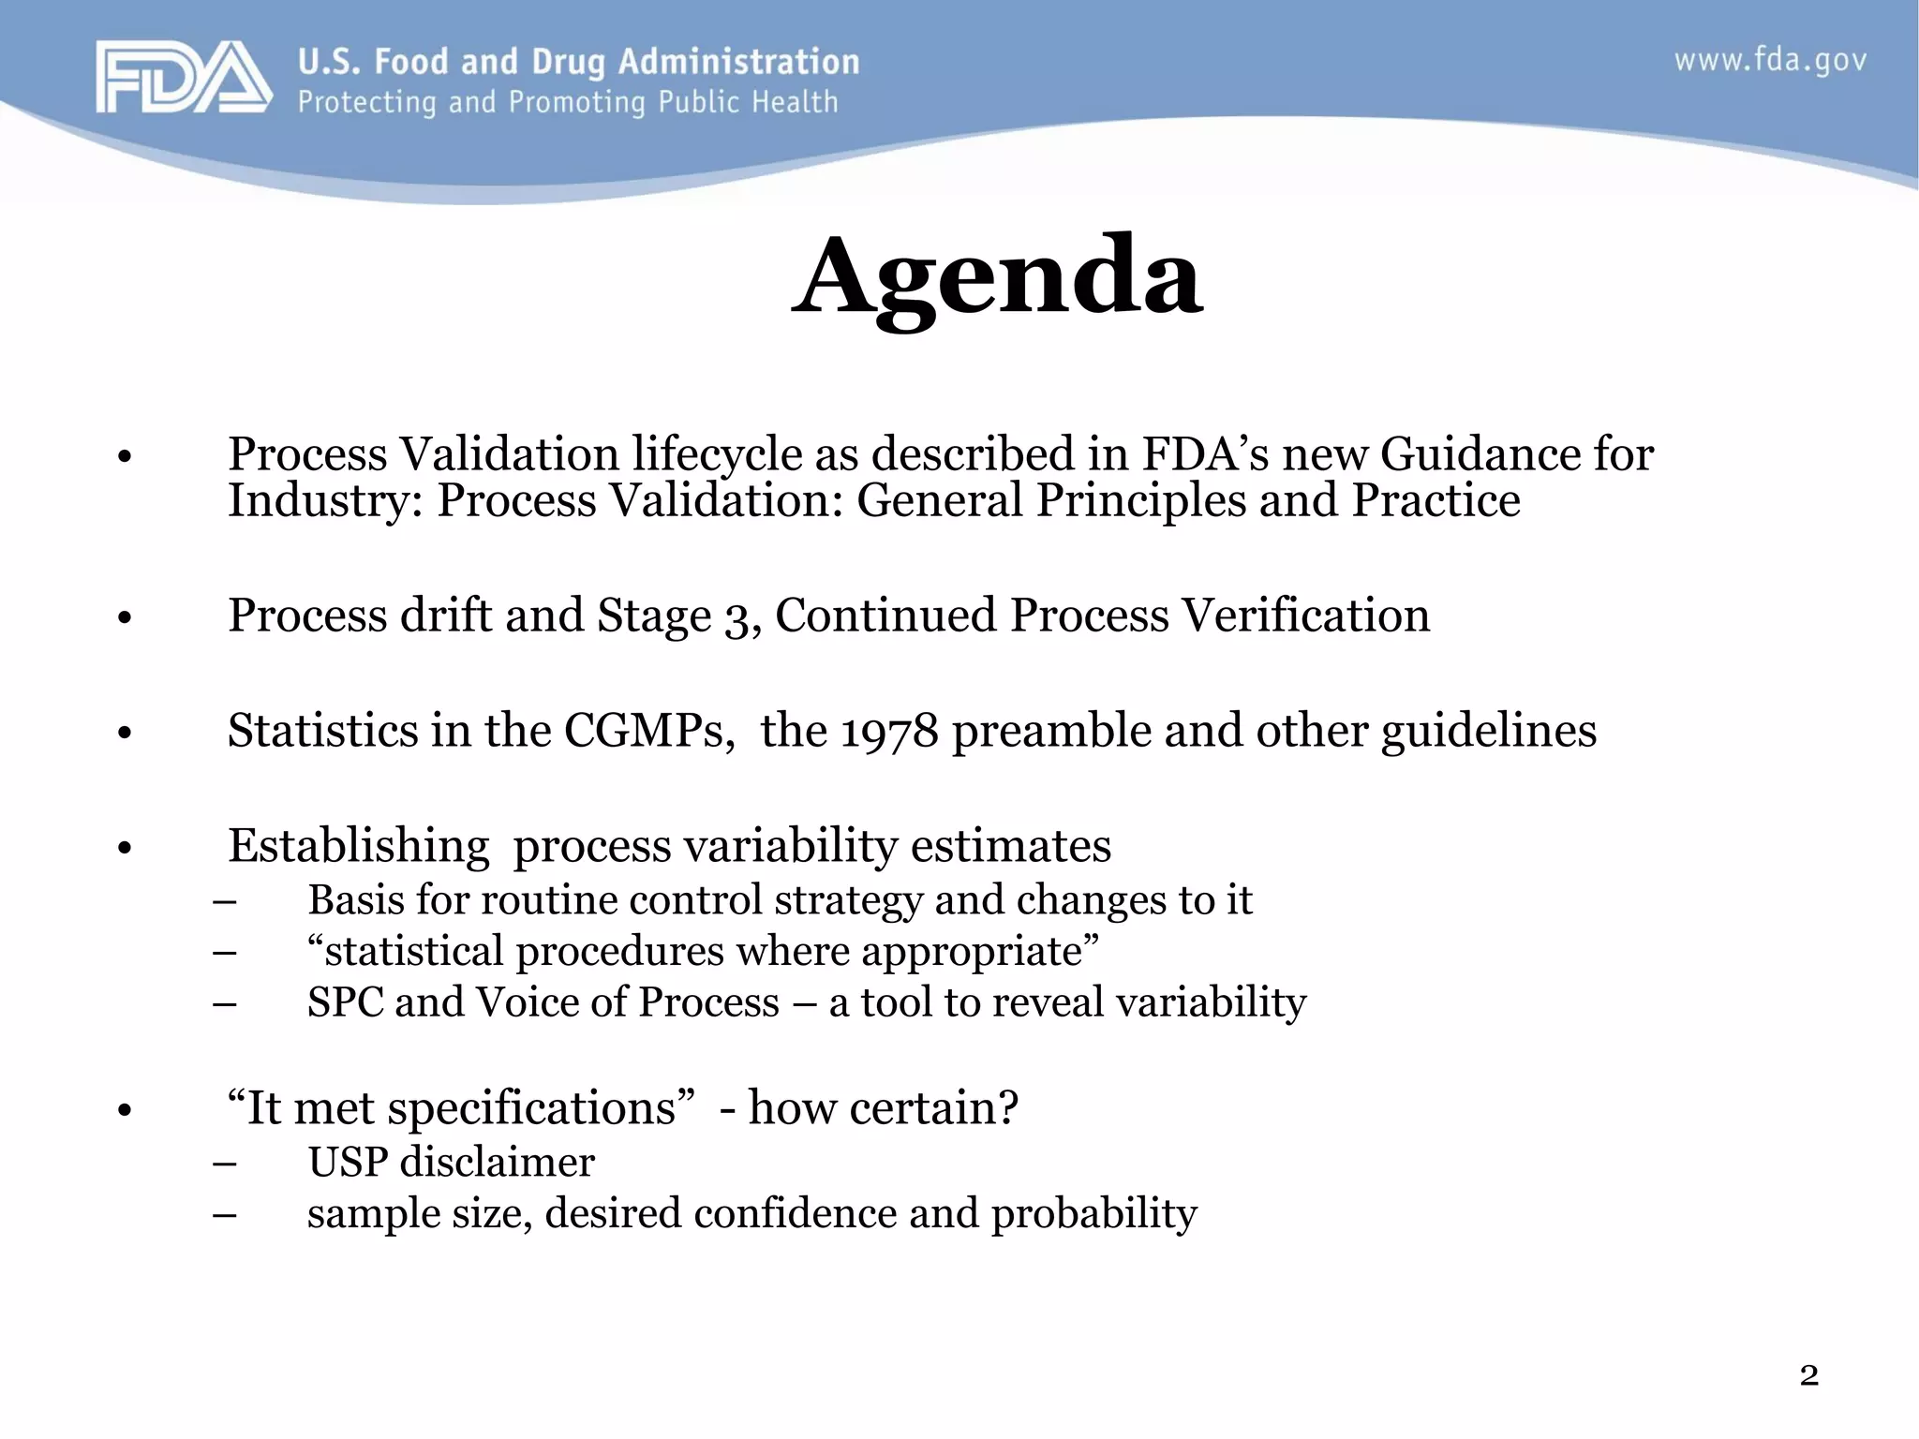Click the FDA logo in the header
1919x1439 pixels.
183,78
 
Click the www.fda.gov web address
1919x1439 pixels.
1770,61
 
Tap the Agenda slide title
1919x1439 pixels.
997,277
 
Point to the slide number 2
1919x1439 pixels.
1808,1375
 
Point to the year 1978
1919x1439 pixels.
888,732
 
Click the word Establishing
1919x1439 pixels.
358,847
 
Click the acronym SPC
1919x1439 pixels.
344,1002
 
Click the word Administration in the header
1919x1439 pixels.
738,62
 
